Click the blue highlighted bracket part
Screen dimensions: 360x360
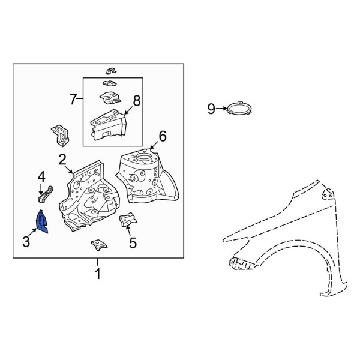click(x=42, y=222)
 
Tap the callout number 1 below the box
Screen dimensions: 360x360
click(x=98, y=274)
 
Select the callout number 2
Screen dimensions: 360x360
click(x=62, y=160)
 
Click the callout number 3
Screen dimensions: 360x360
click(x=26, y=242)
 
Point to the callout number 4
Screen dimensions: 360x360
click(x=41, y=178)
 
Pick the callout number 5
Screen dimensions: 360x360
click(x=133, y=243)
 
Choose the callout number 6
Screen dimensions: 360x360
click(x=163, y=136)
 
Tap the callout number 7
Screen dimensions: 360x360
click(x=73, y=100)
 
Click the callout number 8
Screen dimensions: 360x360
click(x=137, y=101)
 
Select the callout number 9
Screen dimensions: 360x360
click(x=211, y=109)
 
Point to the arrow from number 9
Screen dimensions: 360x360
click(x=221, y=109)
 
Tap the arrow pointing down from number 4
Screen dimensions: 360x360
click(x=41, y=189)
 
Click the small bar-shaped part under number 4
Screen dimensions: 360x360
click(x=46, y=194)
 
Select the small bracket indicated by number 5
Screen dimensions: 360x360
click(x=127, y=220)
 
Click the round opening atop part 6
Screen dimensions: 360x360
click(x=144, y=158)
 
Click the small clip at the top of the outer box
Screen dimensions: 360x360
click(x=111, y=71)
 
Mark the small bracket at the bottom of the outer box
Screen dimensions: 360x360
click(x=99, y=245)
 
